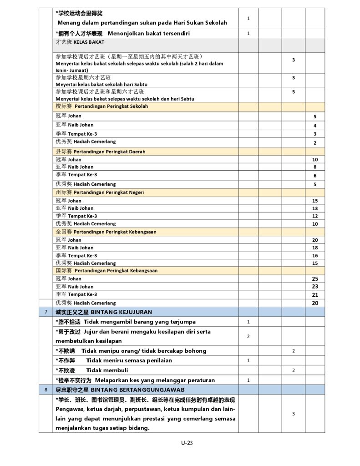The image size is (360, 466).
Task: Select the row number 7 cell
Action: coord(46,312)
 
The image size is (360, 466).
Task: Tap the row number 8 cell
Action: coord(46,390)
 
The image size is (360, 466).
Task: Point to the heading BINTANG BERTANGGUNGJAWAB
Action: coord(137,390)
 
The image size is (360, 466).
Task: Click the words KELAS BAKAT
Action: coord(89,42)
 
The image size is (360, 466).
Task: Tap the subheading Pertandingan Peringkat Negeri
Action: coord(109,192)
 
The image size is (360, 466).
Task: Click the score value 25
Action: coord(315,279)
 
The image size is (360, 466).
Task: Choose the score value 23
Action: coord(315,287)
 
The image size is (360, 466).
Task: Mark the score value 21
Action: coord(315,295)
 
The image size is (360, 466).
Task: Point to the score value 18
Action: coord(315,248)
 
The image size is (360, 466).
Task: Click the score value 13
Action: coord(315,208)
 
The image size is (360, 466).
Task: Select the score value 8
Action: coord(315,167)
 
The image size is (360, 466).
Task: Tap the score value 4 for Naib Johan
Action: coord(315,125)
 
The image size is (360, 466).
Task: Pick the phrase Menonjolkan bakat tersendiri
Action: coord(149,33)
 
